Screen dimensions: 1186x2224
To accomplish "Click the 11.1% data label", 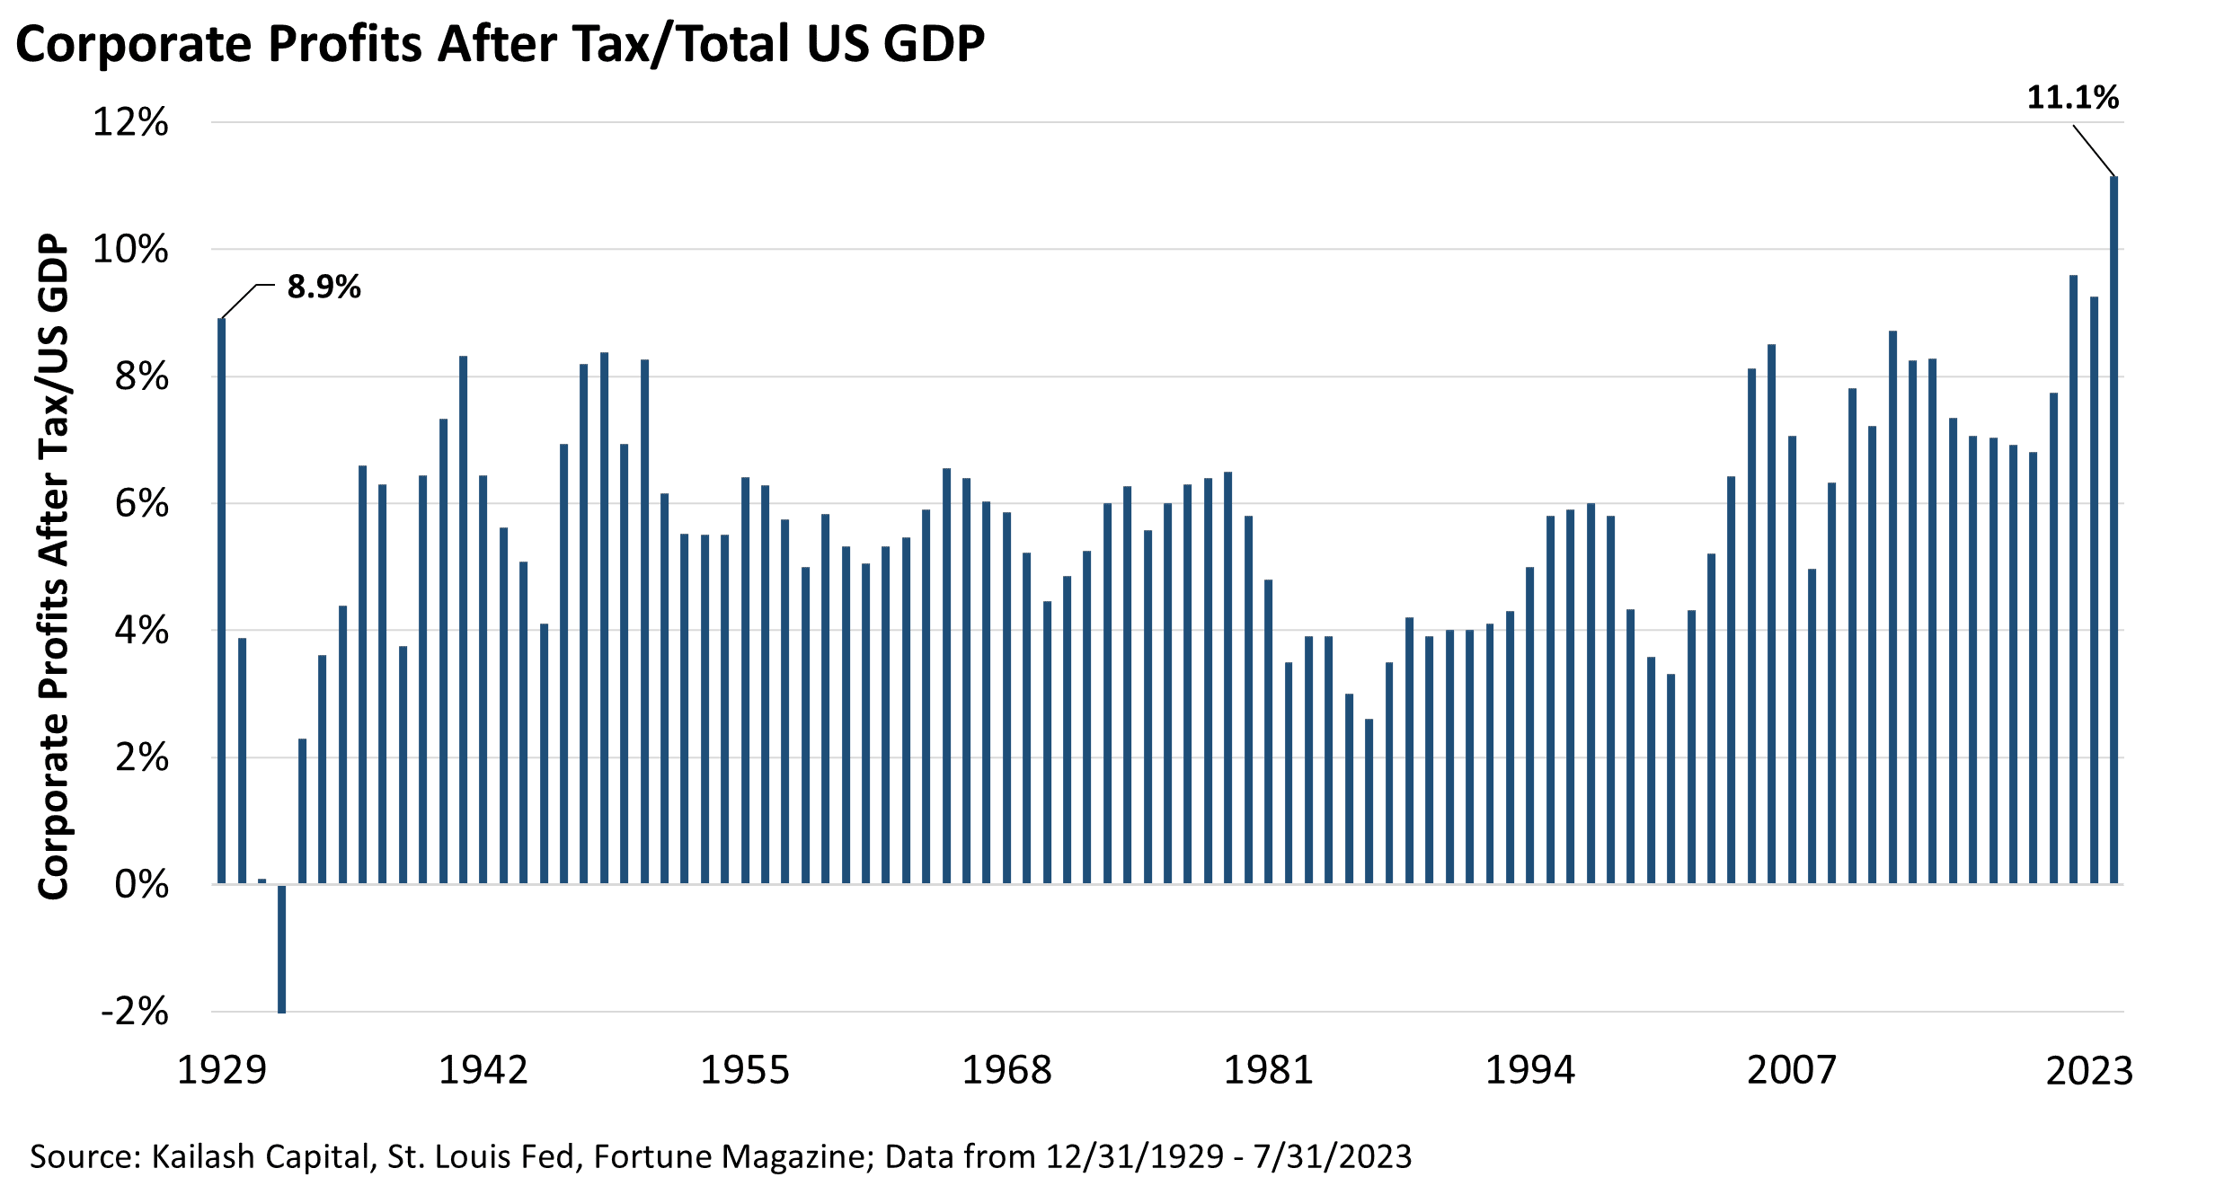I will click(2072, 97).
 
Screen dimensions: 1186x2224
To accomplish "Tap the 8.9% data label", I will click(323, 287).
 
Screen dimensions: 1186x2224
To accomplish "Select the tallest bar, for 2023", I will click(2113, 530).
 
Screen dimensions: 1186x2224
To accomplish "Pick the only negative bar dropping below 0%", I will click(282, 948).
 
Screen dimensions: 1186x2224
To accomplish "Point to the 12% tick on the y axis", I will click(131, 122).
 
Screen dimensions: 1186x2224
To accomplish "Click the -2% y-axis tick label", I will click(135, 1012).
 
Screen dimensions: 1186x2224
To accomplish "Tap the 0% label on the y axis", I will click(142, 885).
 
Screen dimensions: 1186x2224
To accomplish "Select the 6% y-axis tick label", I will click(142, 504).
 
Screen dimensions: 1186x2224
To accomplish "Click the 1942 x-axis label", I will click(483, 1070).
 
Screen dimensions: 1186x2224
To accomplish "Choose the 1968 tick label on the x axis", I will click(1006, 1070).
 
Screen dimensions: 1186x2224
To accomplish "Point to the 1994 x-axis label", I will click(1530, 1070).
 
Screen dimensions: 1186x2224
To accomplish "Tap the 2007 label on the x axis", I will click(1792, 1070).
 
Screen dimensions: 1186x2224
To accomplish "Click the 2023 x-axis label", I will click(2089, 1070).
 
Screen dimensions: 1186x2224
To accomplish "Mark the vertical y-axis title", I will click(54, 566).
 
